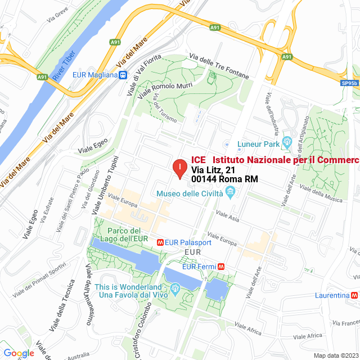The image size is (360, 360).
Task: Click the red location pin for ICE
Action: pyautogui.click(x=179, y=168)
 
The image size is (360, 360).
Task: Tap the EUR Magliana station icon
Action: pyautogui.click(x=123, y=75)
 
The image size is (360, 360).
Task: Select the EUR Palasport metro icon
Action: pyautogui.click(x=160, y=242)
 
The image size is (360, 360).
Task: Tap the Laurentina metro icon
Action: pyautogui.click(x=354, y=295)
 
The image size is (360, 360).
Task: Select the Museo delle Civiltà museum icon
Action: pyautogui.click(x=230, y=193)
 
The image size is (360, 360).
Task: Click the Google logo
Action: pyautogui.click(x=19, y=353)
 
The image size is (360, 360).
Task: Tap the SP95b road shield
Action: pyautogui.click(x=349, y=83)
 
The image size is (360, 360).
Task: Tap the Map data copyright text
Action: pyautogui.click(x=336, y=355)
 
